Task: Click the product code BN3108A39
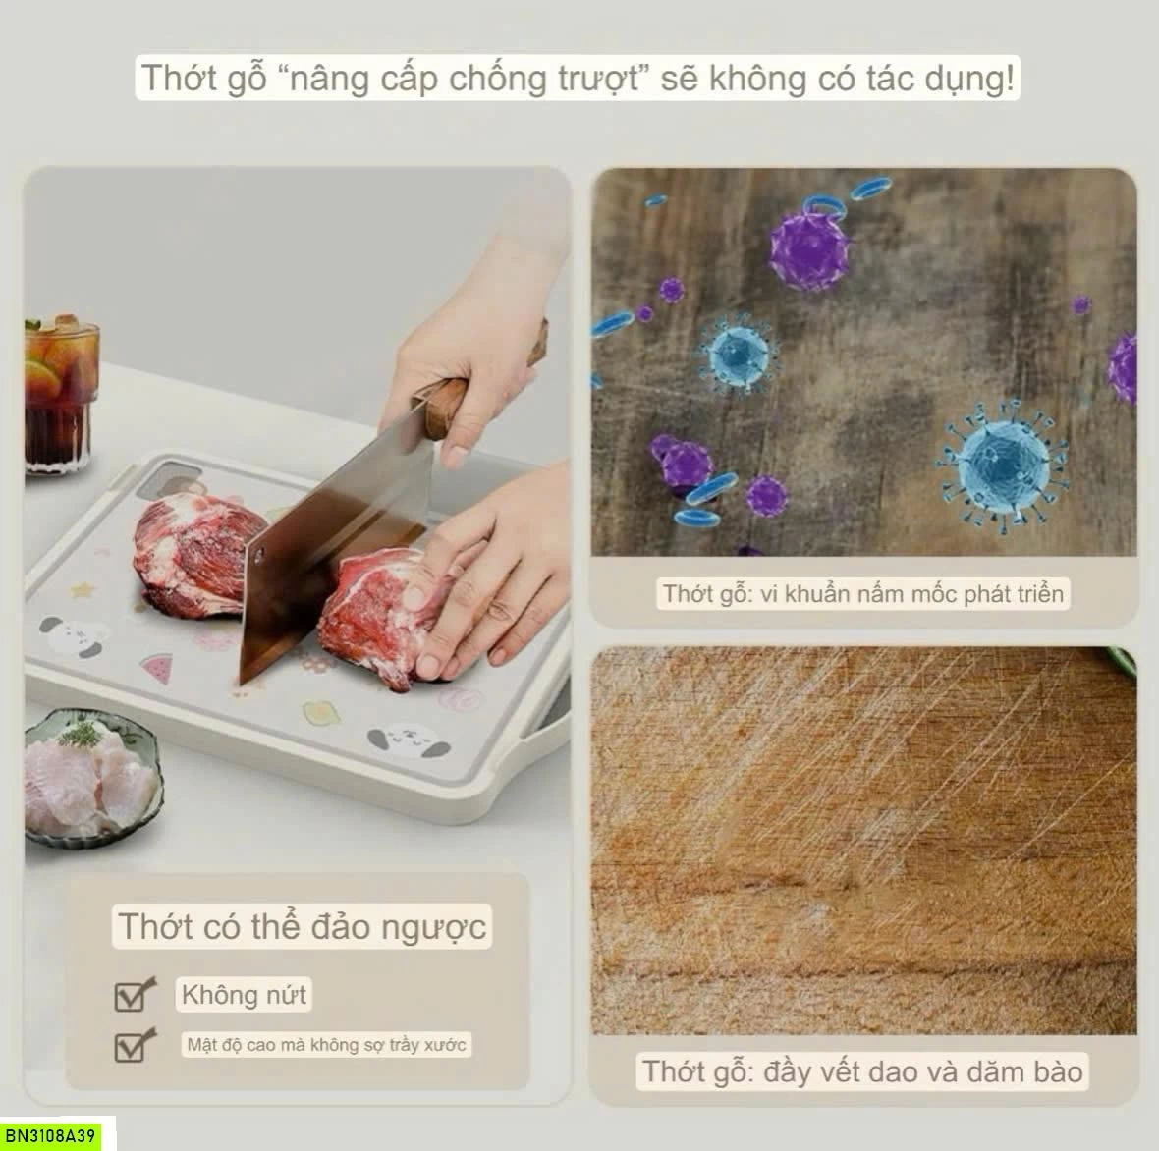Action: pyautogui.click(x=51, y=1134)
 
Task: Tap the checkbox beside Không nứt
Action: pyautogui.click(x=134, y=995)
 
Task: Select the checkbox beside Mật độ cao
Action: pyautogui.click(x=134, y=1045)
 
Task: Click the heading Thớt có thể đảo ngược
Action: pyautogui.click(x=303, y=926)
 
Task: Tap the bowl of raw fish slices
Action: pyautogui.click(x=92, y=776)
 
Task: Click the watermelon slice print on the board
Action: pyautogui.click(x=157, y=666)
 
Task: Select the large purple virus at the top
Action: pyautogui.click(x=808, y=249)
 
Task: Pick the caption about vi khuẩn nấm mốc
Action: pyautogui.click(x=862, y=593)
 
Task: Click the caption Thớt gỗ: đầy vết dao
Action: pyautogui.click(x=861, y=1071)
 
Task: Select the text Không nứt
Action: pyautogui.click(x=244, y=994)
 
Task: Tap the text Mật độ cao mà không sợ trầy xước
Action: pyautogui.click(x=326, y=1045)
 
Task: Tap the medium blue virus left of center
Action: pyautogui.click(x=737, y=355)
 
